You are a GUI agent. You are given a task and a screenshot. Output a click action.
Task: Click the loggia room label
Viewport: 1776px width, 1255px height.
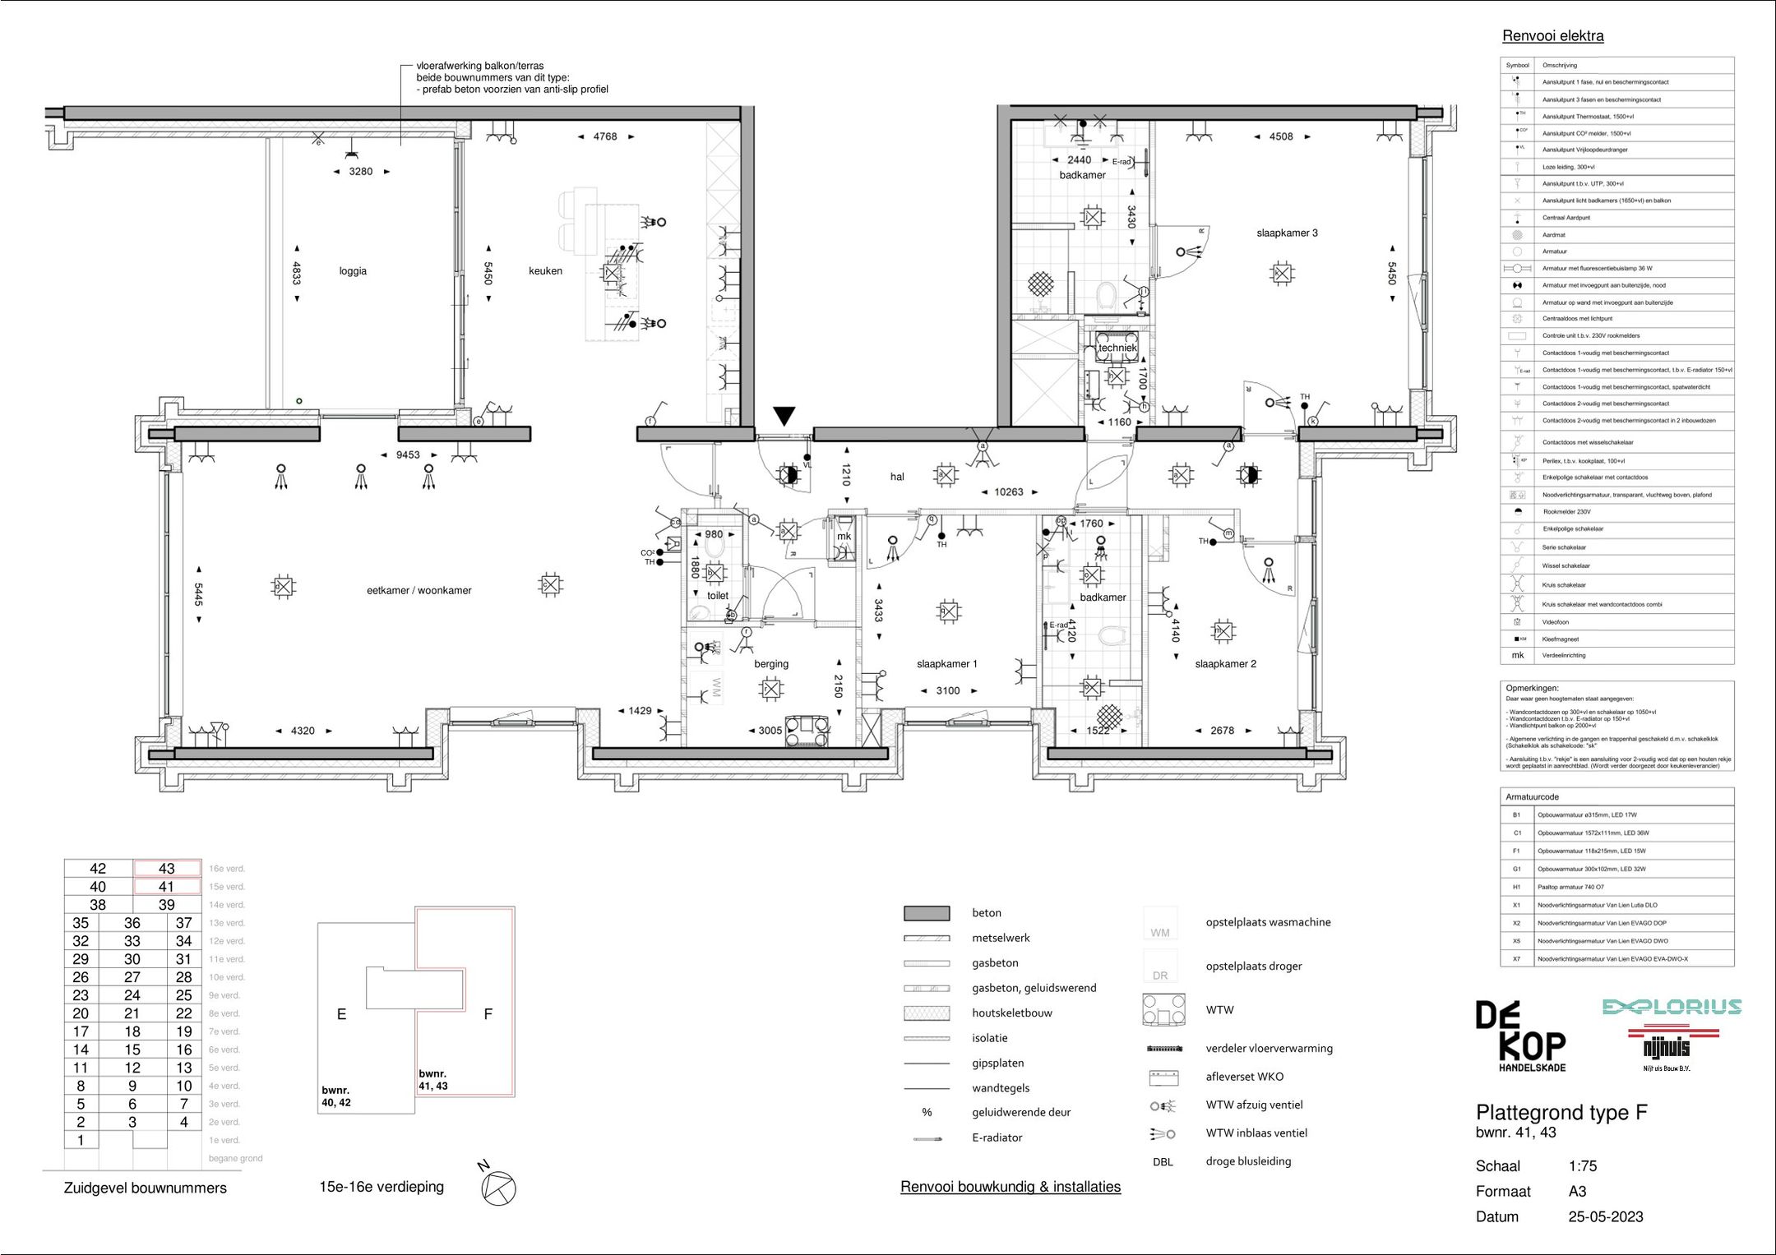pos(353,271)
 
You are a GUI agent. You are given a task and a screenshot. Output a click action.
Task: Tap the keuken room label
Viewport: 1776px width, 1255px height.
pos(545,271)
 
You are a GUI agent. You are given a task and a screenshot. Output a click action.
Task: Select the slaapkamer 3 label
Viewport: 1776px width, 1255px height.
pos(1287,233)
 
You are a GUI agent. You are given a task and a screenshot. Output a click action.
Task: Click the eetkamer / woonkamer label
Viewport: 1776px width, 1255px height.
pos(419,590)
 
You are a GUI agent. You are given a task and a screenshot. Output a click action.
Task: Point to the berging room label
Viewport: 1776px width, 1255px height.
pos(770,664)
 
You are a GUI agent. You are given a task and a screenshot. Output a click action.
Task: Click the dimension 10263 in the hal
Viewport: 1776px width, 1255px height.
pos(1009,492)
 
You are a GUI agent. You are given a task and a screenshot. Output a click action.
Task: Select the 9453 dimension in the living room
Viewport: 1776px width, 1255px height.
pos(408,455)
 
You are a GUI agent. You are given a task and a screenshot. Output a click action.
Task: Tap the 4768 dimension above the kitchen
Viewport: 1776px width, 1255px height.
pos(604,137)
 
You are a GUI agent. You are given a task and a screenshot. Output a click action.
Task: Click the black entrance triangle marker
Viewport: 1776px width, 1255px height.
pos(784,416)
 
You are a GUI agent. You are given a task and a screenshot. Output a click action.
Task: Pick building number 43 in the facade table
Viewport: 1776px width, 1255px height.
pos(167,869)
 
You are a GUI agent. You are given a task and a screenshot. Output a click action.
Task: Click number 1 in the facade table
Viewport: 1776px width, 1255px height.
pos(81,1140)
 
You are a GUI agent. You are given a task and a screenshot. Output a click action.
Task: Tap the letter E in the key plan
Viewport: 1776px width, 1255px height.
pos(341,1015)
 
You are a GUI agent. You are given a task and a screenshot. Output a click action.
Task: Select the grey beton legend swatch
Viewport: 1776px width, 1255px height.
pos(927,913)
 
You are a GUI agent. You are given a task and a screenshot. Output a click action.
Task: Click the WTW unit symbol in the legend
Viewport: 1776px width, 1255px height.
pos(1163,1010)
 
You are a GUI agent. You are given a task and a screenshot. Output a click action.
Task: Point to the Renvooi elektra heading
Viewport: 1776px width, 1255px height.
pos(1552,36)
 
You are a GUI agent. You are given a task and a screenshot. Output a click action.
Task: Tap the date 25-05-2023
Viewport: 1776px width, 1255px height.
pos(1605,1217)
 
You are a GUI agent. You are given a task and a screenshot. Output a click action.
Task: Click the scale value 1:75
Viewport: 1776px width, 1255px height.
pos(1583,1166)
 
